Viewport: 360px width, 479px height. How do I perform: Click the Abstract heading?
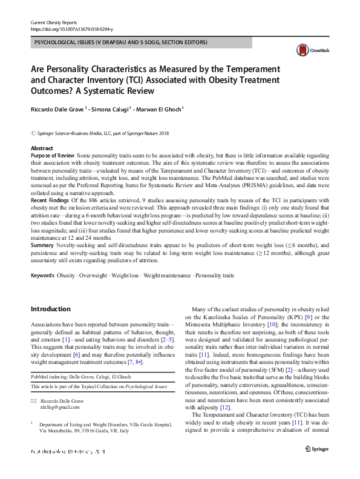click(42, 148)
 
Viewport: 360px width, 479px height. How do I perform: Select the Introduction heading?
click(50, 309)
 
